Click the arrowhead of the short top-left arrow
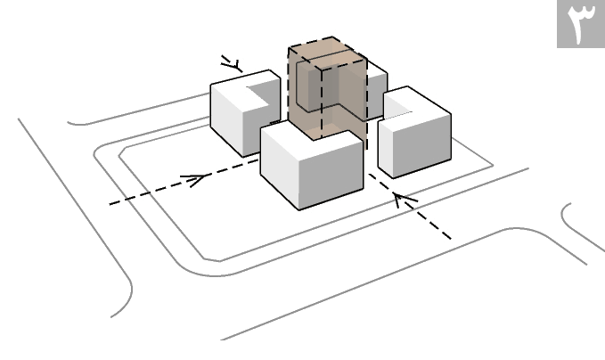pyautogui.click(x=234, y=65)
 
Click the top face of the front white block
pyautogui.click(x=312, y=139)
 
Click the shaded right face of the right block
pyautogui.click(x=422, y=143)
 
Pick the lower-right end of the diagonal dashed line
pyautogui.click(x=448, y=237)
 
